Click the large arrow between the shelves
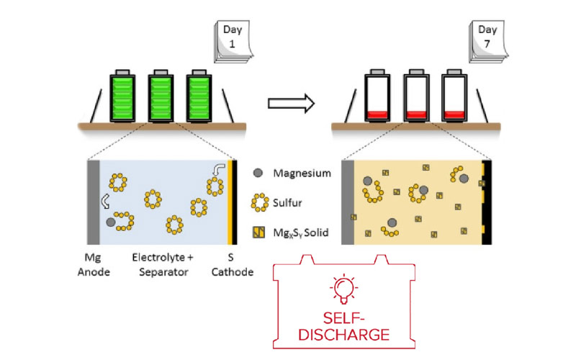pos(291,102)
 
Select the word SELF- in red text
pos(344,318)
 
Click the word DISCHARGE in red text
pos(344,335)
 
